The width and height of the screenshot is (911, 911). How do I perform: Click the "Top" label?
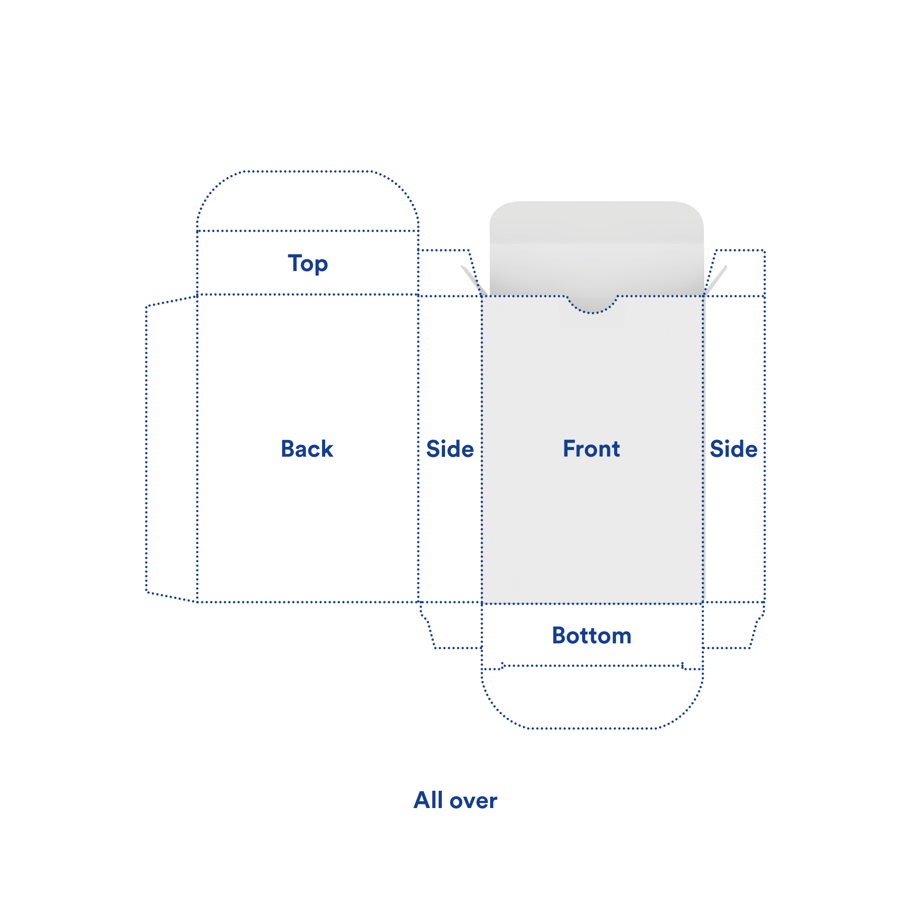click(308, 264)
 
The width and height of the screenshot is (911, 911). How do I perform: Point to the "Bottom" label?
click(592, 635)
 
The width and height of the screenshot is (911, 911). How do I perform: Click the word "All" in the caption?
click(428, 800)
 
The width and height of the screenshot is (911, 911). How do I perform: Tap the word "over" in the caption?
click(473, 802)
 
